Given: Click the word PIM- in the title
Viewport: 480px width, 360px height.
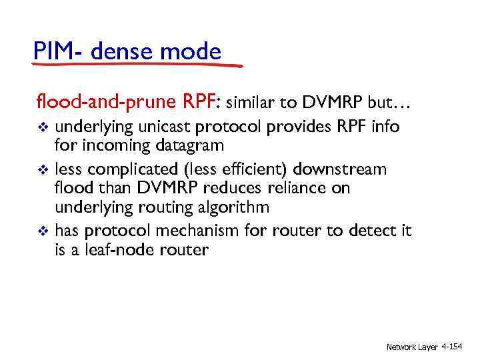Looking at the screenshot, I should coord(57,51).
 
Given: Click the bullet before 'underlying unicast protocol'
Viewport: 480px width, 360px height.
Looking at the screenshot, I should coord(43,127).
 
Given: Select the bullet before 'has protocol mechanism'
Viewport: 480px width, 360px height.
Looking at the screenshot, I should coord(43,231).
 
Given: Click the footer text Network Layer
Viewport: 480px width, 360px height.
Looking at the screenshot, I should coord(412,347).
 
